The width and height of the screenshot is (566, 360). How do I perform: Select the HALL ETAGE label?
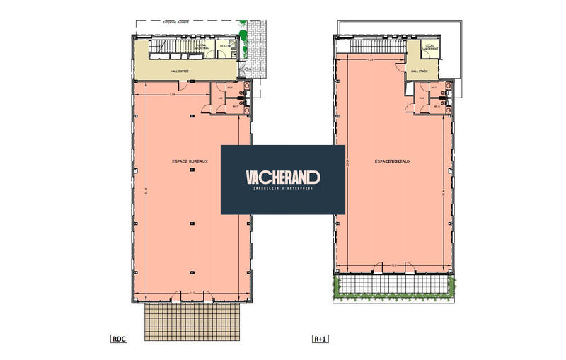420,71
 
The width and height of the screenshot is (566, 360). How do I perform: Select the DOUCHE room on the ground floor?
225,47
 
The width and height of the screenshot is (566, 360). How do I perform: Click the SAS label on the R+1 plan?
422,98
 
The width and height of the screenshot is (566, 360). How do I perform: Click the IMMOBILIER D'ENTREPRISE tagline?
282,189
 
